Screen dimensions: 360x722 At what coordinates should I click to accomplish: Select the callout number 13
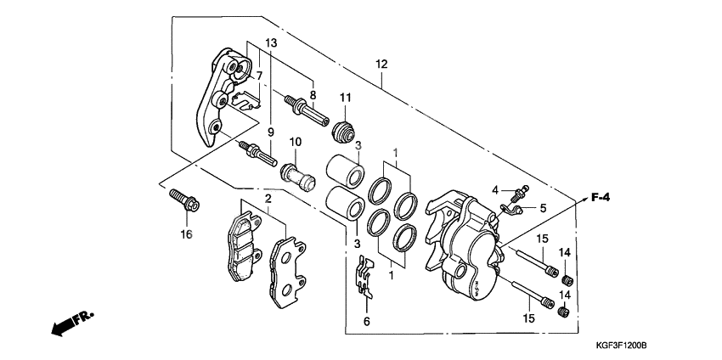269,43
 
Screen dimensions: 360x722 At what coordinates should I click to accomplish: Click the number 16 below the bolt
186,233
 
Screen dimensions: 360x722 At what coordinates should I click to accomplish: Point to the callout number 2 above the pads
267,199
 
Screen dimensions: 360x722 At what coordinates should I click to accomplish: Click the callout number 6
366,322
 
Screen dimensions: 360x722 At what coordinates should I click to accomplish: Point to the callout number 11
345,98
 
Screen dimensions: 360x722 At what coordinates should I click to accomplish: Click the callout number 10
296,141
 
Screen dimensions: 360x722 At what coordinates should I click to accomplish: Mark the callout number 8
313,95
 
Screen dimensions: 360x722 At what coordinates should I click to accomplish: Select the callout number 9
271,132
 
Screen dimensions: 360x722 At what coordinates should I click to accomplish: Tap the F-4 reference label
601,198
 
